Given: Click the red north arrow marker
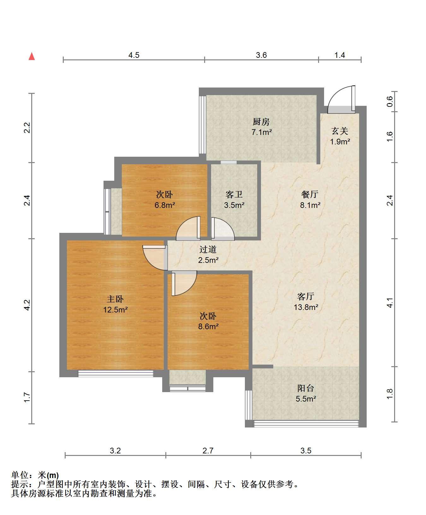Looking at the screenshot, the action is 32,56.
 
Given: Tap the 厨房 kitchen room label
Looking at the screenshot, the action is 261,122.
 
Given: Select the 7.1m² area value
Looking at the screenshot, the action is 262,132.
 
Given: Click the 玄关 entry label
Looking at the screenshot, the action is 340,131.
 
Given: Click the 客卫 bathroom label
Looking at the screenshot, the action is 234,194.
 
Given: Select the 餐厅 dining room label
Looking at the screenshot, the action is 310,194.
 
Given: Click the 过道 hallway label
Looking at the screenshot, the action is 208,250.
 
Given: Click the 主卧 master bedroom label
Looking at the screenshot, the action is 115,299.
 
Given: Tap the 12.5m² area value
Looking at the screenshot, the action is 115,310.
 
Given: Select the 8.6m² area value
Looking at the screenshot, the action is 208,326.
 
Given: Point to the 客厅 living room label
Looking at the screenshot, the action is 306,296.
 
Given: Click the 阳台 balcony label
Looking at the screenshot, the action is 306,388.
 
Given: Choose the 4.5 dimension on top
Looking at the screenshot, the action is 134,55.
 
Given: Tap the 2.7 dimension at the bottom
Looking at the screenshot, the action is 208,451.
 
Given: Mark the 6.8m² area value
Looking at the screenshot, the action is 165,205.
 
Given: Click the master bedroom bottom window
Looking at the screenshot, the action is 115,373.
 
